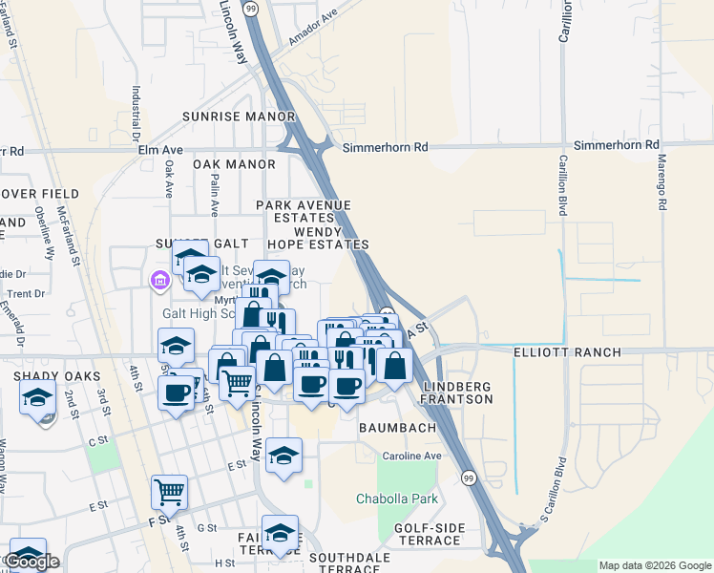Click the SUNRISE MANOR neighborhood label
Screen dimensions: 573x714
(239, 117)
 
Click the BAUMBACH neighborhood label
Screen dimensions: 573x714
(397, 429)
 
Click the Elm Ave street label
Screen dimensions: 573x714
(160, 150)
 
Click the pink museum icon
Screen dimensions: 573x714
(159, 280)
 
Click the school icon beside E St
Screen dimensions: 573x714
(283, 456)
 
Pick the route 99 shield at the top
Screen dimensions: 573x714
(250, 8)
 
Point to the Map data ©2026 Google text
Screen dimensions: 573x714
(655, 565)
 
